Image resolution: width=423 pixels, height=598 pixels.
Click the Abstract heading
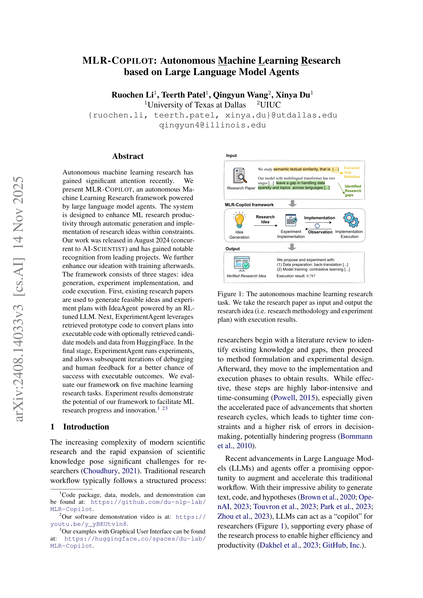pos(128,156)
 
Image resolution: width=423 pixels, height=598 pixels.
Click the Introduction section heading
pos(86,427)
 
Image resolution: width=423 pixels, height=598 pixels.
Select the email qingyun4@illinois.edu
pos(212,125)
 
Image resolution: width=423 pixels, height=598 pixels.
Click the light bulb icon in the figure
pos(239,220)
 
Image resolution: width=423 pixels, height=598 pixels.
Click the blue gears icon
pos(351,220)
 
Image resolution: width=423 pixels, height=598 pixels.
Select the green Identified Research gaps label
pos(353,191)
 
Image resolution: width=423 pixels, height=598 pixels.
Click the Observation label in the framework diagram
pos(320,232)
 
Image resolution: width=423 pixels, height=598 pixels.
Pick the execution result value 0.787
pos(311,276)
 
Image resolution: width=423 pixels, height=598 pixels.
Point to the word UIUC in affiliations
pos(270,105)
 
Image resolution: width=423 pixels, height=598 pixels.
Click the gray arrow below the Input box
pos(292,203)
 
